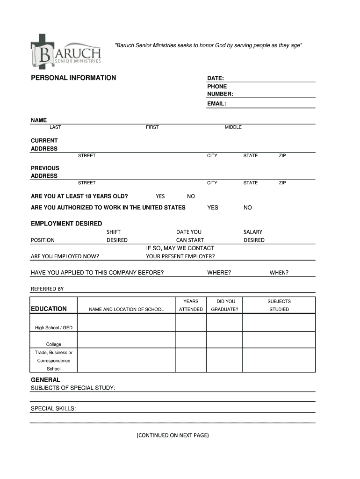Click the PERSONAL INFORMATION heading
73,78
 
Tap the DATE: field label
216,78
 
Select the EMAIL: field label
217,104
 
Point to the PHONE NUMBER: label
220,90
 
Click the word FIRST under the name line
152,127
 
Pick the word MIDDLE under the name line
233,127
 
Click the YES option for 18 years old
160,196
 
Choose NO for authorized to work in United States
248,208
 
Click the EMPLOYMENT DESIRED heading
66,224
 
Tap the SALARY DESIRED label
254,236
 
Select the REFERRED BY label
47,289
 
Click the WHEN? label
279,273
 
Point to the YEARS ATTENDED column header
191,305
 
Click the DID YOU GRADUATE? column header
225,305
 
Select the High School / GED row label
54,328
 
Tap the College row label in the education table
54,344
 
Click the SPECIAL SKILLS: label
53,409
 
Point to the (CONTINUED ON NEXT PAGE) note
173,435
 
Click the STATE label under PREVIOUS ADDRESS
251,183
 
